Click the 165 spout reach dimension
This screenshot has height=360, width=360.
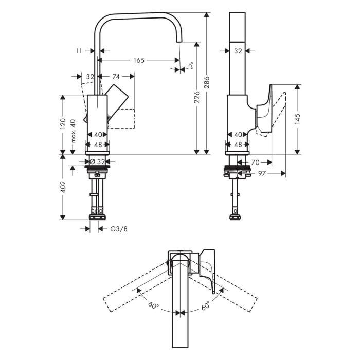point(139,60)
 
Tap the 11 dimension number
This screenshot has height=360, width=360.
point(78,51)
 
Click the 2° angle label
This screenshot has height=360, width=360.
point(190,66)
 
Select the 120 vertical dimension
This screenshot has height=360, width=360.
point(62,123)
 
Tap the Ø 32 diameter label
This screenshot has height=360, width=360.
point(97,161)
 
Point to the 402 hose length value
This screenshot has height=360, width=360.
point(62,186)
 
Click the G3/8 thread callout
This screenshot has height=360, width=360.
point(119,229)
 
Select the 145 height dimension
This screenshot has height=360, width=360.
point(298,119)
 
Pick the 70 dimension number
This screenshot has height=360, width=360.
point(255,162)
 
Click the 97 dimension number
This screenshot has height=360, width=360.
point(262,174)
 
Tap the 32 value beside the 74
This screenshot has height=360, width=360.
point(91,76)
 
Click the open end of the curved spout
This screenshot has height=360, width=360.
point(179,40)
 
